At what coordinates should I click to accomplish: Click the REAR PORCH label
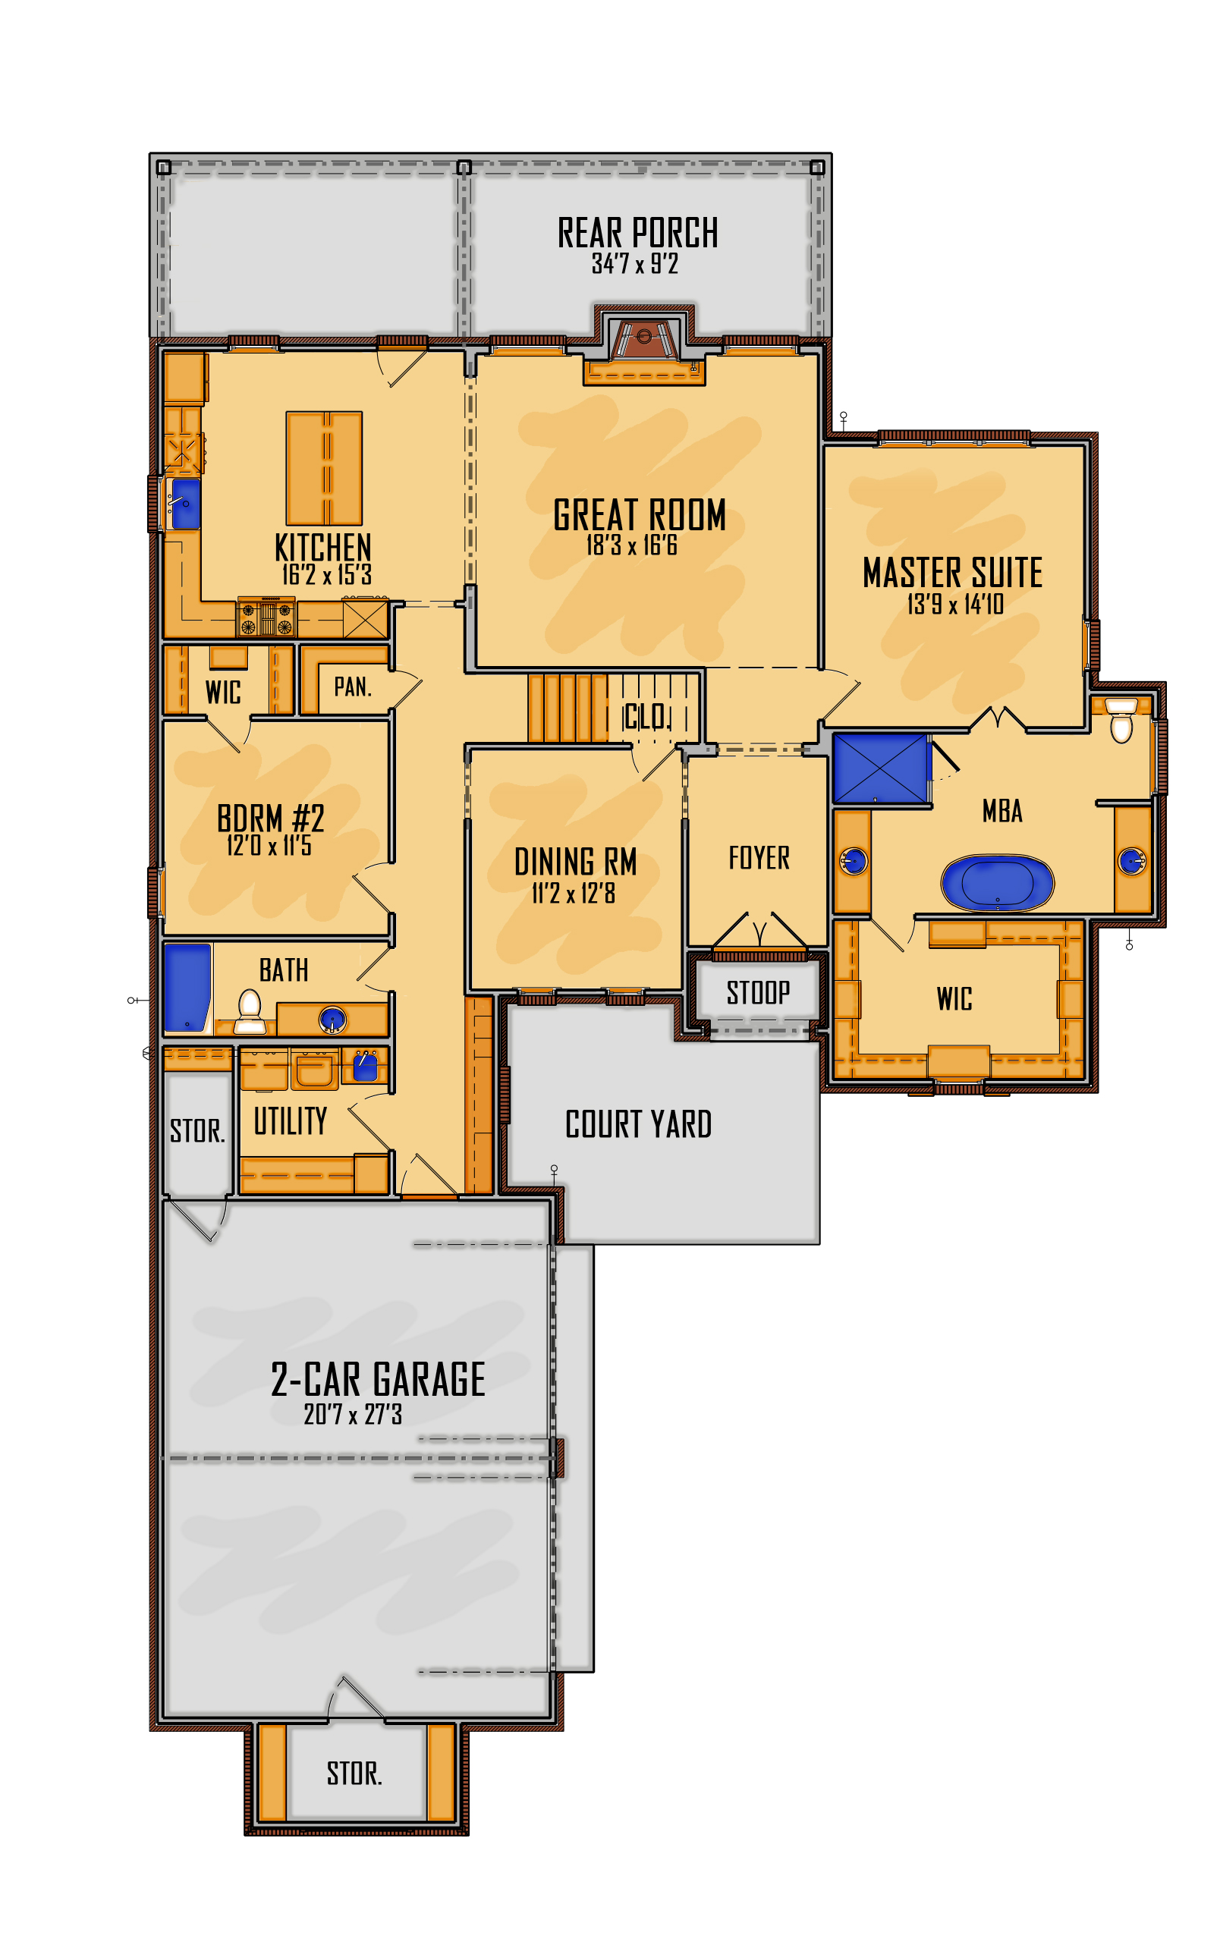(637, 232)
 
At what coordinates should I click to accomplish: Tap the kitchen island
(323, 468)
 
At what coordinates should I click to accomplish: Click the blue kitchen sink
(184, 504)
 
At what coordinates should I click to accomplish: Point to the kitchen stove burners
(266, 617)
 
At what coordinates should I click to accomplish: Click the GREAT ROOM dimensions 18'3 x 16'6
(631, 545)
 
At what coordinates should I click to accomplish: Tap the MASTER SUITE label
(952, 572)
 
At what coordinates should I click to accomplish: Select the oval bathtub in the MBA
(997, 882)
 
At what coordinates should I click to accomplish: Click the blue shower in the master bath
(880, 768)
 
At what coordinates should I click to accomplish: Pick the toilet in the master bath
(1121, 719)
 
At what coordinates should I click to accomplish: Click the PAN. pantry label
(352, 687)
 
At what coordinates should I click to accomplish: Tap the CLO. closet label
(646, 715)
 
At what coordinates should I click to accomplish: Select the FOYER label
(759, 857)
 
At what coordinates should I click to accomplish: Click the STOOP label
(758, 992)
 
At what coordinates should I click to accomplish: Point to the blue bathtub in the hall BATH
(187, 988)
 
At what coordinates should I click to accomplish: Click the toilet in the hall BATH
(249, 1012)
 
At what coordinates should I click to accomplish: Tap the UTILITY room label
(291, 1120)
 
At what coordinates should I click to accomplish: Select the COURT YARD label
(638, 1123)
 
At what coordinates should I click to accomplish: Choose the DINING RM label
(576, 861)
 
